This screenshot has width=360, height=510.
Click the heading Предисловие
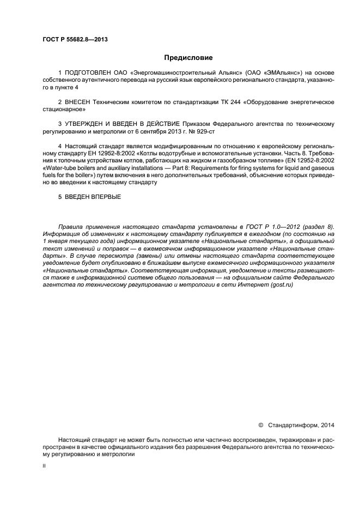[188, 57]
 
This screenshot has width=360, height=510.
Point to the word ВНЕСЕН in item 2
[78, 102]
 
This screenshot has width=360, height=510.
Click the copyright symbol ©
[260, 424]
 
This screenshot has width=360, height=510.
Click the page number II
[44, 466]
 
